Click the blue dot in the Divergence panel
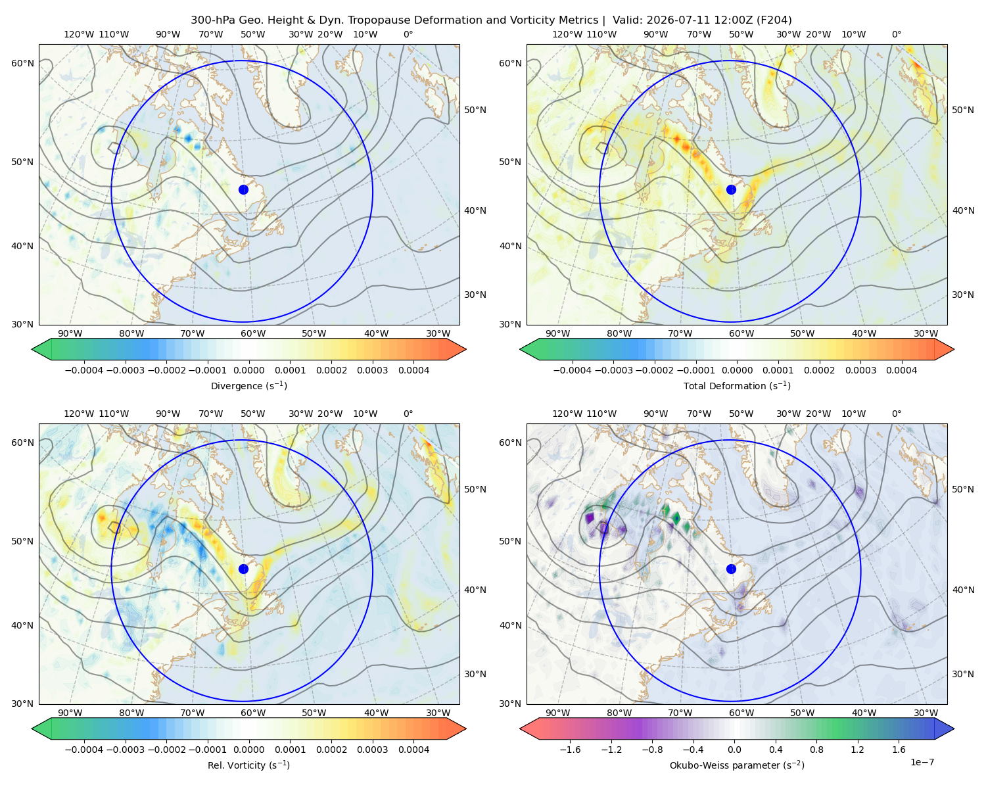pyautogui.click(x=243, y=189)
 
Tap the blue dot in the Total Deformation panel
pyautogui.click(x=731, y=189)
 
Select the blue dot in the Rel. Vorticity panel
pyautogui.click(x=243, y=569)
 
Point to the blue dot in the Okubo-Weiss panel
pyautogui.click(x=731, y=569)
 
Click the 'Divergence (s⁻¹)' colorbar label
pyautogui.click(x=248, y=385)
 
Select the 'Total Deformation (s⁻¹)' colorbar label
pyautogui.click(x=737, y=385)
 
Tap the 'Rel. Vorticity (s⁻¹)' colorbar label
pyautogui.click(x=248, y=765)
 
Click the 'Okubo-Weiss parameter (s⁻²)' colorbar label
pyautogui.click(x=737, y=765)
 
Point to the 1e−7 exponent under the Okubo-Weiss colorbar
pyautogui.click(x=922, y=762)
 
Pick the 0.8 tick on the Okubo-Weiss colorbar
pyautogui.click(x=816, y=749)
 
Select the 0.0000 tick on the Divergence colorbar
pyautogui.click(x=248, y=370)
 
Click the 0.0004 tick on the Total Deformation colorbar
pyautogui.click(x=901, y=370)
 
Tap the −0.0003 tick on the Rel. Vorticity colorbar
pyautogui.click(x=125, y=749)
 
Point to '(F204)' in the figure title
pyautogui.click(x=774, y=20)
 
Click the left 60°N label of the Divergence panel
pyautogui.click(x=22, y=63)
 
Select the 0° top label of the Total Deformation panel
pyautogui.click(x=896, y=34)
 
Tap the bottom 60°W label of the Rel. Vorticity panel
pyautogui.click(x=253, y=713)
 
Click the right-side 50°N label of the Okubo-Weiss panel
pyautogui.click(x=963, y=489)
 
